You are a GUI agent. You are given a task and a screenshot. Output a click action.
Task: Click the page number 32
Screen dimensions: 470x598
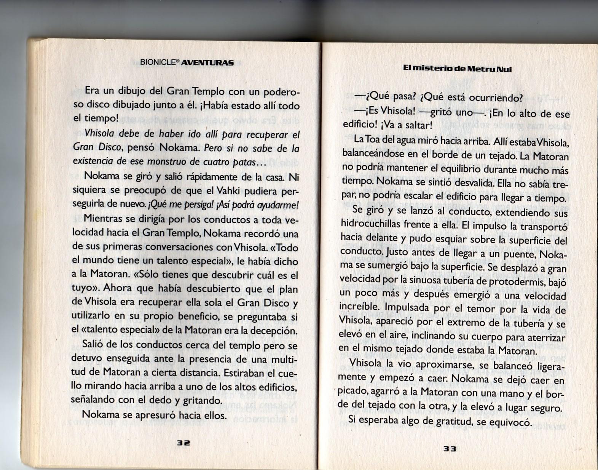click(183, 443)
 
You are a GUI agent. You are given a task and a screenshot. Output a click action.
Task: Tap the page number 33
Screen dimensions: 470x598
click(450, 449)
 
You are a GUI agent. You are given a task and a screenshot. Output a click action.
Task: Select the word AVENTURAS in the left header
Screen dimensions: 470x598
click(207, 62)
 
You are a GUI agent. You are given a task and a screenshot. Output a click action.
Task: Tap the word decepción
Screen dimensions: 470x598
click(273, 331)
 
